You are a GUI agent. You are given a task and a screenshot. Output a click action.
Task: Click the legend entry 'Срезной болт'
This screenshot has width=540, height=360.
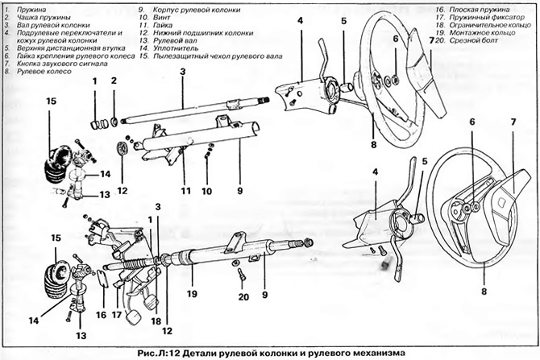[x=474, y=40]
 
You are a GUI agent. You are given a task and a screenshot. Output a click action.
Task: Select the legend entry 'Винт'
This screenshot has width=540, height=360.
[x=162, y=18]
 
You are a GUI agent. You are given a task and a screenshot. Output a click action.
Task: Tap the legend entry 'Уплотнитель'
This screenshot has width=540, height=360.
[x=176, y=48]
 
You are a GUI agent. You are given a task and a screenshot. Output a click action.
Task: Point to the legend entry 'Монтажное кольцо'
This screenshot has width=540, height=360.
[x=482, y=33]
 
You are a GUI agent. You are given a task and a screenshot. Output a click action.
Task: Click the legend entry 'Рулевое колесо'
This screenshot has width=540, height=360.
[x=44, y=72]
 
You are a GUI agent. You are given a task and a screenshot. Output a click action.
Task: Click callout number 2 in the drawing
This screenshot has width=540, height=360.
[x=114, y=81]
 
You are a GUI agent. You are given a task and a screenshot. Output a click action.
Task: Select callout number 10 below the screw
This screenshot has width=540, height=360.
[x=206, y=191]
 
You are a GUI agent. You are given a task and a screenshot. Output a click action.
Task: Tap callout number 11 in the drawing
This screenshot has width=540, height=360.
[x=185, y=191]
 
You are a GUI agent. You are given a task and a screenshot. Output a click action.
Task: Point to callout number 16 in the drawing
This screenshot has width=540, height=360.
[x=101, y=315]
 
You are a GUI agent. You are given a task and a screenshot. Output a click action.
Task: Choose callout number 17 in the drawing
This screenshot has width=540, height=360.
[x=117, y=315]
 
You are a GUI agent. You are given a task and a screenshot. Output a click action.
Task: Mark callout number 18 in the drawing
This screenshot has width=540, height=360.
[x=156, y=321]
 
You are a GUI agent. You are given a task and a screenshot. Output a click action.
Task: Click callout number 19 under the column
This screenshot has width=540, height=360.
[x=192, y=294]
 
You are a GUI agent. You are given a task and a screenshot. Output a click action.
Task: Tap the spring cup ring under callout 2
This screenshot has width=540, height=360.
[x=114, y=121]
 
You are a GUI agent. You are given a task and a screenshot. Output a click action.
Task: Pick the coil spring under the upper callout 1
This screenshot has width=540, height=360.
[x=98, y=124]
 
